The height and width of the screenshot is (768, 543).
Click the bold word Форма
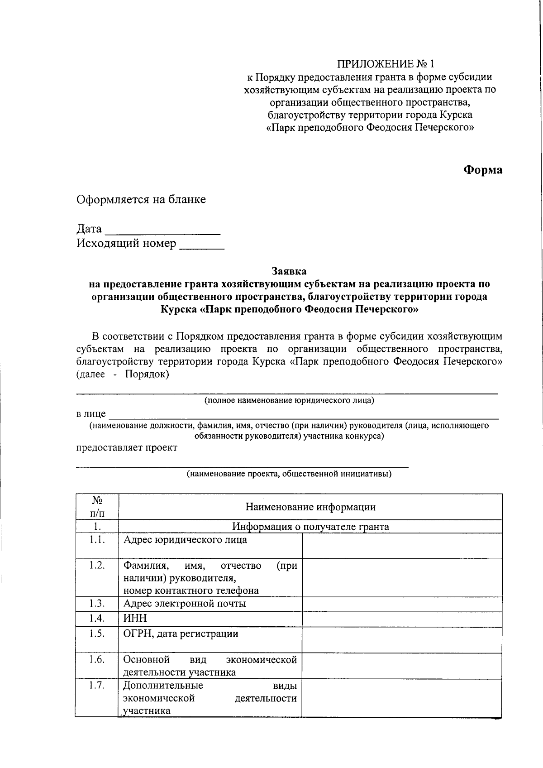coord(482,170)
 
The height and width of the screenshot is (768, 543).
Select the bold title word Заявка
coord(289,271)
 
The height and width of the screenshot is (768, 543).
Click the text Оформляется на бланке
coord(141,199)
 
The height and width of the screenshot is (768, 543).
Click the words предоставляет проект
coord(127,448)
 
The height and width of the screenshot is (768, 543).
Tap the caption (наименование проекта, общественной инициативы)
coord(289,474)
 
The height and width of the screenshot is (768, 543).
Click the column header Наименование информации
coord(310,507)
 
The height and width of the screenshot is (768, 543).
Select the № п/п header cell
coord(97,507)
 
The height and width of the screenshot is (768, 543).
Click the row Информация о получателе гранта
coord(310,527)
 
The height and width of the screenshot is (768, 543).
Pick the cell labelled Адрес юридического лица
coord(186,540)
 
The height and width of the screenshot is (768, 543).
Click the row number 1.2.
coord(97,566)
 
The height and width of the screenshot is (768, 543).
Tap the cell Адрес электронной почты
coord(185,604)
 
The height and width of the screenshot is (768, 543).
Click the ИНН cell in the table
coord(135,619)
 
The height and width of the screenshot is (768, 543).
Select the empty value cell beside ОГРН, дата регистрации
coord(402,639)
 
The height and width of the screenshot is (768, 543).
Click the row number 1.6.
coord(97,660)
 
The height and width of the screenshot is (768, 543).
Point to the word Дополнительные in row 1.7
coord(163,685)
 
